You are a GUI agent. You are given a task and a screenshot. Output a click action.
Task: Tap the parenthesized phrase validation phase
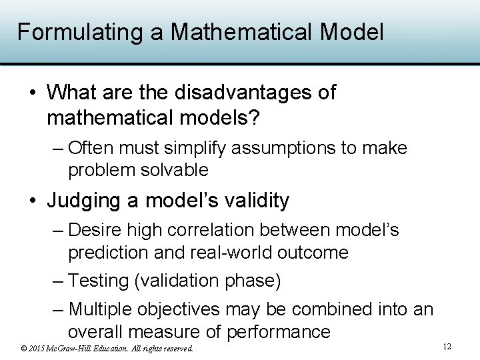(208, 281)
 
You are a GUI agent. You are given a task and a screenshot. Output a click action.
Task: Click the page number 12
(447, 347)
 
